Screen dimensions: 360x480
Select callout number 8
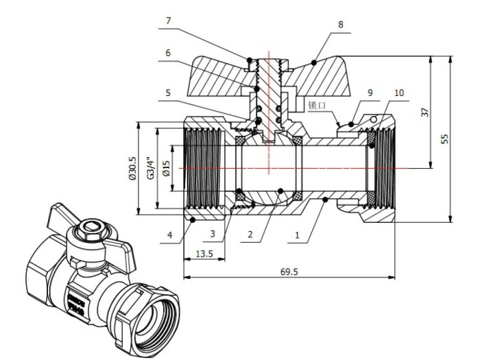pos(339,25)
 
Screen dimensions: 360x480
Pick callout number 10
pos(400,92)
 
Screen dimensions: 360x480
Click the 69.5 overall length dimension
pos(289,272)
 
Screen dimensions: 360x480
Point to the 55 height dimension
pos(445,138)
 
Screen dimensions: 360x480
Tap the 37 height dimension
pos(425,111)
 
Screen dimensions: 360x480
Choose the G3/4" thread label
pos(150,168)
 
